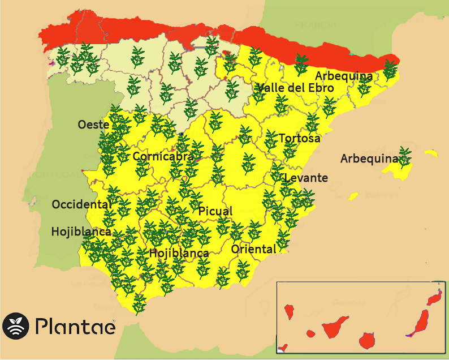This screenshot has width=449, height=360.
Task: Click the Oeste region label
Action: pyautogui.click(x=93, y=124)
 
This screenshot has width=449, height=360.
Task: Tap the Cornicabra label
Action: pyautogui.click(x=163, y=156)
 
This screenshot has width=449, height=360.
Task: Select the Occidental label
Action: pyautogui.click(x=81, y=204)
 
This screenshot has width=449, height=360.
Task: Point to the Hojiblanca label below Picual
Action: pyautogui.click(x=179, y=253)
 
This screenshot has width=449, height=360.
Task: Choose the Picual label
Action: pyautogui.click(x=215, y=211)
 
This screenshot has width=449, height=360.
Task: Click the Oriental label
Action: pyautogui.click(x=253, y=248)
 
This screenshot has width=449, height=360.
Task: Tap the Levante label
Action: pyautogui.click(x=306, y=178)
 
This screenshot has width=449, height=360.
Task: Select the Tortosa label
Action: pyautogui.click(x=299, y=138)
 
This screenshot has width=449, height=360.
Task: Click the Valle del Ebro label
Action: pyautogui.click(x=295, y=88)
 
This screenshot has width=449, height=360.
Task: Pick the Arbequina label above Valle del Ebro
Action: pyautogui.click(x=344, y=76)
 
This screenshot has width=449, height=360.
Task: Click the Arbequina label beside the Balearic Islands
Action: pyautogui.click(x=369, y=158)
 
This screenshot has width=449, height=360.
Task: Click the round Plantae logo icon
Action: pyautogui.click(x=15, y=326)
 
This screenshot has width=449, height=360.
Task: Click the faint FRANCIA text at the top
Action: pyautogui.click(x=316, y=25)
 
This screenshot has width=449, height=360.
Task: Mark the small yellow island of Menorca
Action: pyautogui.click(x=431, y=153)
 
